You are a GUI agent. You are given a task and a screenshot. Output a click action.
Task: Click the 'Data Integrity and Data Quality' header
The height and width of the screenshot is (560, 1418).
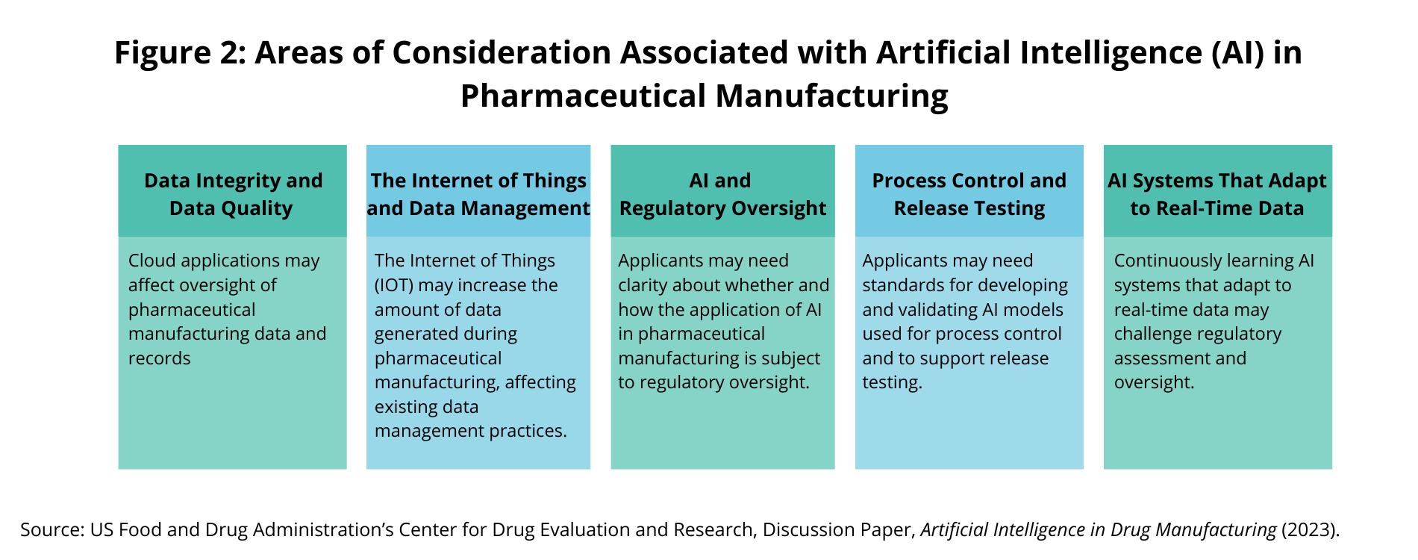click(x=233, y=194)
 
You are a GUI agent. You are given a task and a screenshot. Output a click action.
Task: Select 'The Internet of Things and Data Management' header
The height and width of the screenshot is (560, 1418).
click(x=478, y=194)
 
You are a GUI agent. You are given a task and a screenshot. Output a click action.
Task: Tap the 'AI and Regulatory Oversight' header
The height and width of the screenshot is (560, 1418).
click(x=722, y=194)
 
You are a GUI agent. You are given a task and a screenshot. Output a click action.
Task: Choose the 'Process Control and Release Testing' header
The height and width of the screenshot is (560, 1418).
click(x=969, y=194)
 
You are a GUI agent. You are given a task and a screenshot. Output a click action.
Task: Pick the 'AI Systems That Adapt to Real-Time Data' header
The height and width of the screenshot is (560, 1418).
click(x=1217, y=194)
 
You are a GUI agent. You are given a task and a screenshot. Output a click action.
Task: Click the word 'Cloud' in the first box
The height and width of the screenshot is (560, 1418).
click(x=152, y=261)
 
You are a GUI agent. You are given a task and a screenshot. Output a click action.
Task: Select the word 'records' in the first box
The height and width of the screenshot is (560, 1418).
click(x=160, y=358)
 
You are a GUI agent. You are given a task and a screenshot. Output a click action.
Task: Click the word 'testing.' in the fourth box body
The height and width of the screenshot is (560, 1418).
click(x=893, y=383)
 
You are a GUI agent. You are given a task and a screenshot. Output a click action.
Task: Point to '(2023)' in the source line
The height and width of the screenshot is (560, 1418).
click(x=1311, y=530)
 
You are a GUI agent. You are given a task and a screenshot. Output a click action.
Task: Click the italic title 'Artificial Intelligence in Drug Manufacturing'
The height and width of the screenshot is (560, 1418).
click(x=1099, y=530)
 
